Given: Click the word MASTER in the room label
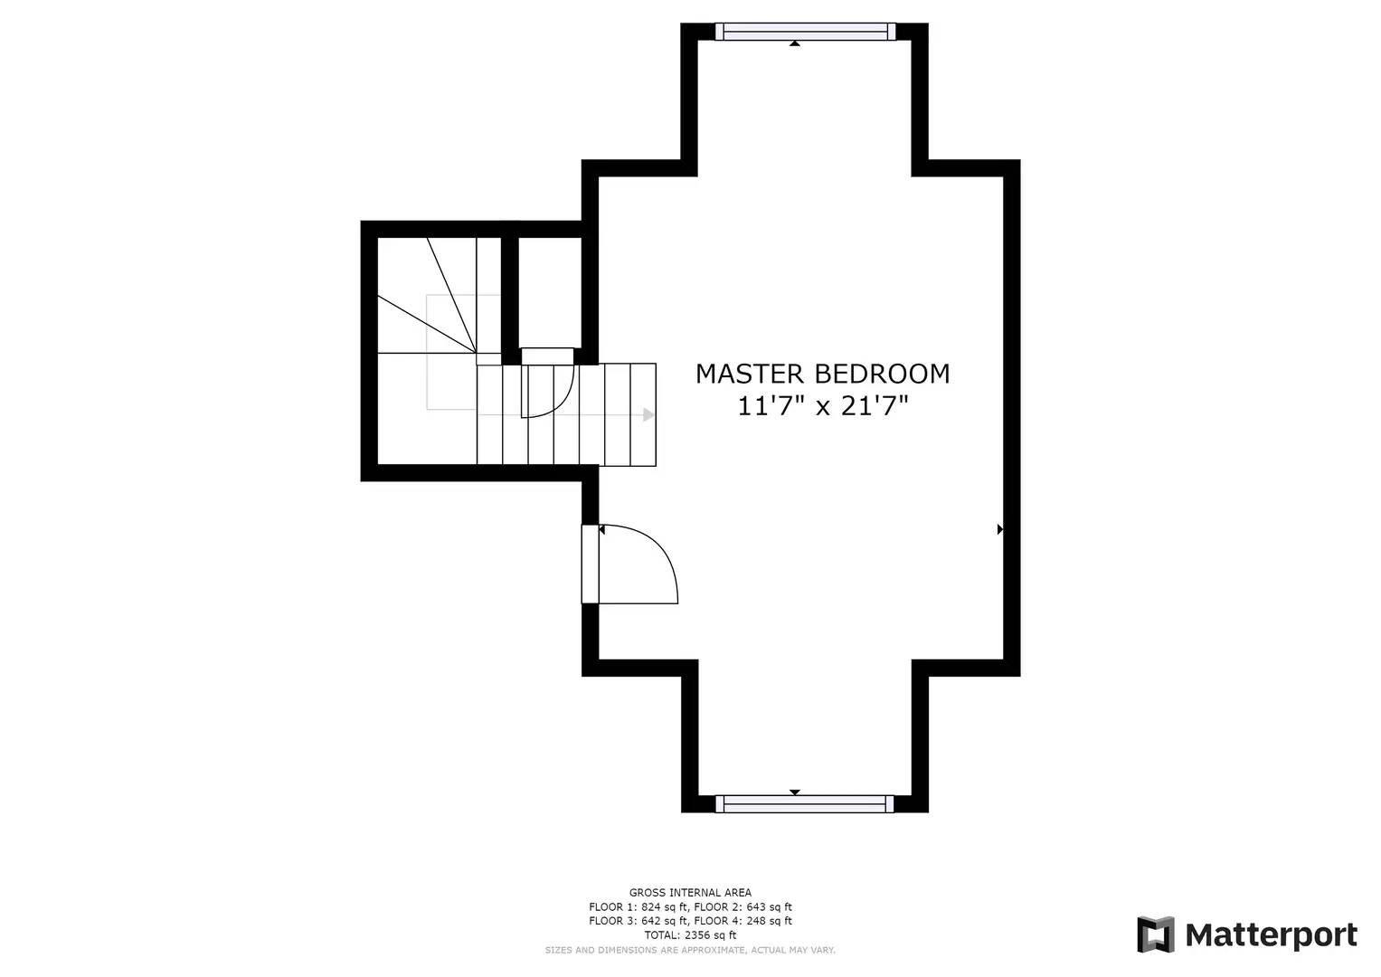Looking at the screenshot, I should pos(750,374).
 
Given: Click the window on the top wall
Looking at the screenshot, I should pos(805,32).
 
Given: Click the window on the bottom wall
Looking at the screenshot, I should pos(805,803).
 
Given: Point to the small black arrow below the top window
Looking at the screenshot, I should pos(795,43).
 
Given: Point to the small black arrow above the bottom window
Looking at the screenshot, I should pos(795,792).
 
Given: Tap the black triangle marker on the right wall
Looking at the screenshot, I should pos(1000,529).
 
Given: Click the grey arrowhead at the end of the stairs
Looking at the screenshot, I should pos(648,415).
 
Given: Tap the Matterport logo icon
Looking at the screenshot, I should pos(1155,934).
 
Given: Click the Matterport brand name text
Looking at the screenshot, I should pos(1271,934).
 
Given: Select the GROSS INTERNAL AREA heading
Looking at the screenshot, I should pos(690,893).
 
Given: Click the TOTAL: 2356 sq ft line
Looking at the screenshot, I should pos(690,935).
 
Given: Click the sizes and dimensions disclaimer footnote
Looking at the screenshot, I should pos(690,950).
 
